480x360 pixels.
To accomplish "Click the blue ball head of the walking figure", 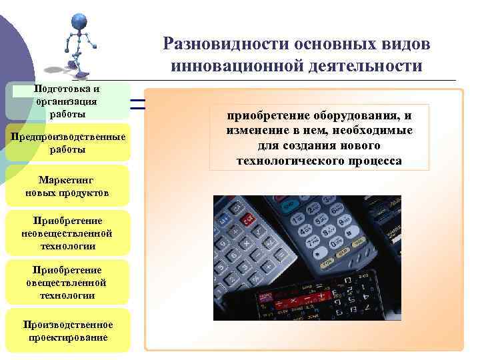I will point(79,21).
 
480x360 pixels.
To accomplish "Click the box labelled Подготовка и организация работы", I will point(67,101).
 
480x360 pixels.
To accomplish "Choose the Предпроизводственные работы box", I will point(67,143).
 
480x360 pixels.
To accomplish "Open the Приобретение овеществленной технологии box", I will point(67,283).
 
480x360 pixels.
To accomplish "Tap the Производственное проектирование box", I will point(67,331).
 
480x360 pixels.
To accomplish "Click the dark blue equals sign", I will point(137,103).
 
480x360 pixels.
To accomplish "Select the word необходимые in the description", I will point(376,131).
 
